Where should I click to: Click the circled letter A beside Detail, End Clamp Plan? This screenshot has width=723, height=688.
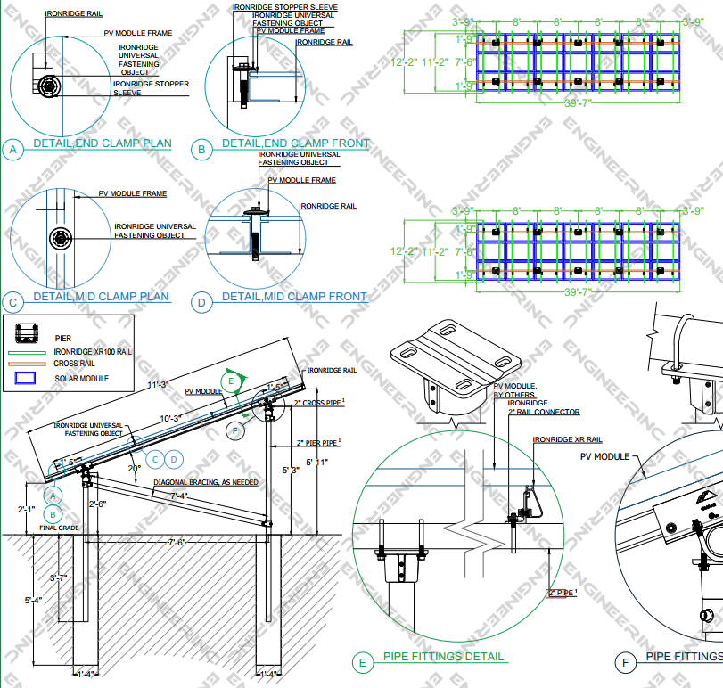coord(13,150)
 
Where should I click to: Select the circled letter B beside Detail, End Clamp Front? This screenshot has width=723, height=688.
coord(201,150)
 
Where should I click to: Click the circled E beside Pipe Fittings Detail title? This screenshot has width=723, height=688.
coord(362,662)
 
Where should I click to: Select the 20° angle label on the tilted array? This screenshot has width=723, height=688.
coord(134,468)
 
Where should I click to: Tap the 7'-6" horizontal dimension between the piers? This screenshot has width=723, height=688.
coord(178,541)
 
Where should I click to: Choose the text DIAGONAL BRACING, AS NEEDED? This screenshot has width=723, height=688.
coord(205,482)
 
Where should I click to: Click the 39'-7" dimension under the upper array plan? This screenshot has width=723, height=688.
coord(579,103)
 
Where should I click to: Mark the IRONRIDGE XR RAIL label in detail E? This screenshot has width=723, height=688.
coord(565,440)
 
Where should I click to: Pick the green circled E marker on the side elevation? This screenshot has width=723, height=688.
coord(232,381)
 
